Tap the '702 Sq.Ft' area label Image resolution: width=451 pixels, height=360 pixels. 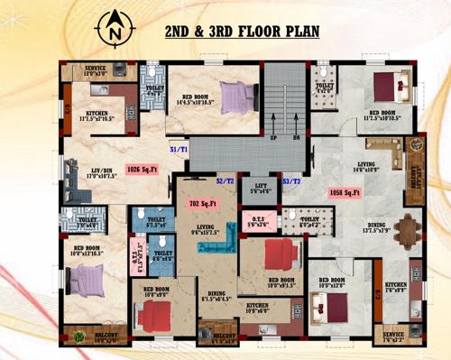coord(200,205)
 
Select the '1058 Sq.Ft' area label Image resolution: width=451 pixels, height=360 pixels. coord(345,192)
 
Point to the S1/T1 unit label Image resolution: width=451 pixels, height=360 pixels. coord(178,149)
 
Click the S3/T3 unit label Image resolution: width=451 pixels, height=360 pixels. coord(291,181)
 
